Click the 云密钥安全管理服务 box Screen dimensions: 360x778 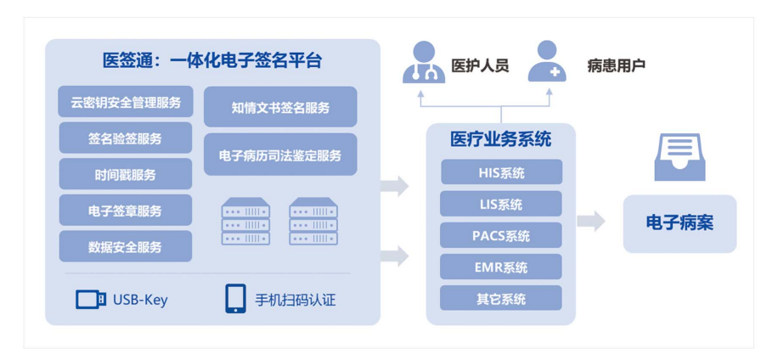[125, 102]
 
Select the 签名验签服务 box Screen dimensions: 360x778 [125, 138]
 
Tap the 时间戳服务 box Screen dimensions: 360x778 [125, 174]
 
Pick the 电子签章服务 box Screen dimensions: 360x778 [125, 211]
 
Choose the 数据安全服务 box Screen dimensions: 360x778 [125, 246]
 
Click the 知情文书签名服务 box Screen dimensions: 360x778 [280, 107]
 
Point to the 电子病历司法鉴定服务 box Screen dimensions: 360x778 [280, 155]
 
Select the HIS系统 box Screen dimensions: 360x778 [501, 172]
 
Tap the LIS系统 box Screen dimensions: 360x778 [501, 204]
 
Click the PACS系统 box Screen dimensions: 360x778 [501, 235]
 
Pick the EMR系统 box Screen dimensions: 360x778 [501, 267]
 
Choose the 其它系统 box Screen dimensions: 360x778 [501, 298]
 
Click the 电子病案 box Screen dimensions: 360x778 [679, 223]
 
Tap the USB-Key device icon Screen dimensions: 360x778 [90, 300]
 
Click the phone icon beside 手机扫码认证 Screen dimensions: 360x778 [235, 299]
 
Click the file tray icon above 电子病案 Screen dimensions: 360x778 [679, 156]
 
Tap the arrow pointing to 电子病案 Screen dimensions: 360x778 [591, 222]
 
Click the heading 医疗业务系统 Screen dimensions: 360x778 [501, 139]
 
